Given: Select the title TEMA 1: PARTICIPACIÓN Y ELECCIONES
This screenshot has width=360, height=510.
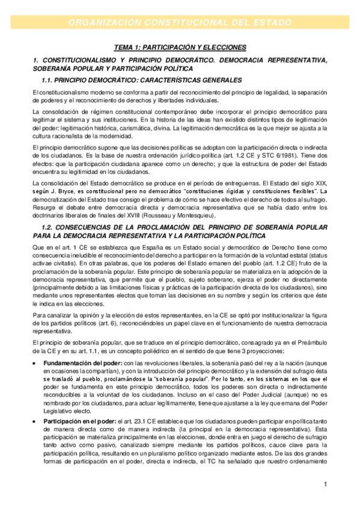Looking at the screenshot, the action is coord(180,47).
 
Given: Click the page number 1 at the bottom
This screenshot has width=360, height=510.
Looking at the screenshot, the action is coord(325,484).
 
